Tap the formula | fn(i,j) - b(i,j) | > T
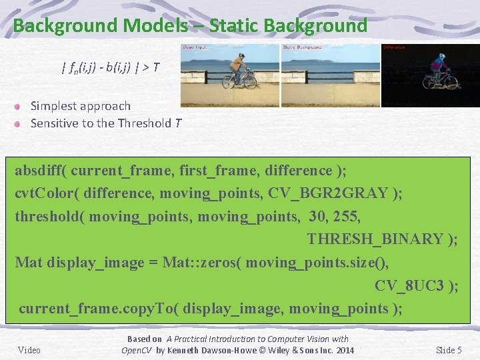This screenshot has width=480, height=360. [110, 67]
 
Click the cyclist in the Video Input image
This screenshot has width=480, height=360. [237, 67]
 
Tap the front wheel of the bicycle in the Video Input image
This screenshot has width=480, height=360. [249, 81]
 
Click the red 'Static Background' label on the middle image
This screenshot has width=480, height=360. [302, 47]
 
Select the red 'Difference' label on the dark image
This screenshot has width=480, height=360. [394, 47]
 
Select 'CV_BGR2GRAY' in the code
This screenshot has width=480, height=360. [327, 193]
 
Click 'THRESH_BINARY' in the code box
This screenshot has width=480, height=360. [375, 239]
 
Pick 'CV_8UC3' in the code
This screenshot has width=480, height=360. [408, 285]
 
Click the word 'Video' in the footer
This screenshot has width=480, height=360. [29, 350]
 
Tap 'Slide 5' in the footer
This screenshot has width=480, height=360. [449, 350]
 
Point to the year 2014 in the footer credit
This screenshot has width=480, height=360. [345, 351]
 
